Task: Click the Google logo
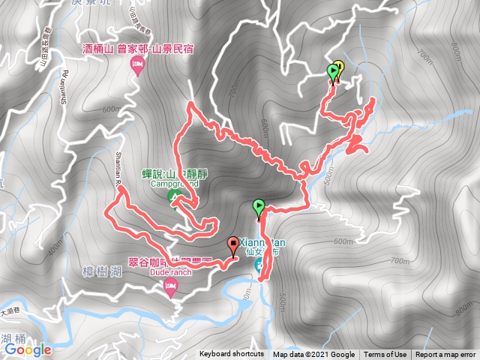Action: pyautogui.click(x=28, y=349)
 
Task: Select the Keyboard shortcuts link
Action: pyautogui.click(x=232, y=355)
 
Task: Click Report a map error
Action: pyautogui.click(x=445, y=355)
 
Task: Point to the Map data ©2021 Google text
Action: pyautogui.click(x=314, y=355)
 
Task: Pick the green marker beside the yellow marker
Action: pyautogui.click(x=332, y=73)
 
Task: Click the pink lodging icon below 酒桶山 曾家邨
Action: pyautogui.click(x=138, y=67)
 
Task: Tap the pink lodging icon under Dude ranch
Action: pyautogui.click(x=170, y=288)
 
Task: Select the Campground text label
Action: pyautogui.click(x=173, y=184)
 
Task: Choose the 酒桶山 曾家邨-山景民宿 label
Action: pyautogui.click(x=138, y=50)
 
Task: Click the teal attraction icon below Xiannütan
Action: pyautogui.click(x=259, y=265)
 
